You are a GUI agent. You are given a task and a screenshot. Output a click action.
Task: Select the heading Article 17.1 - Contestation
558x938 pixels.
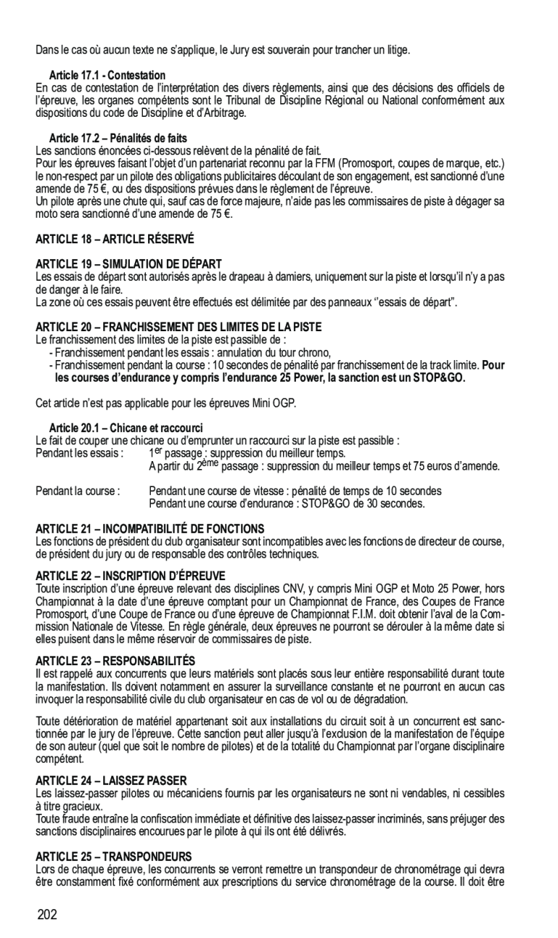[108, 75]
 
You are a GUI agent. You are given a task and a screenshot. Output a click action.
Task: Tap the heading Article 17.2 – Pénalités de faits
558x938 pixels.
[118, 138]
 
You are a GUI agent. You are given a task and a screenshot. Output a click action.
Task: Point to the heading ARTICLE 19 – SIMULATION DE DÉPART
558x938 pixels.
[128, 264]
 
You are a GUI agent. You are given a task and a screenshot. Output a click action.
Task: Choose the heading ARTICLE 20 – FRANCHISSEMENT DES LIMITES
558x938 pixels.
[178, 327]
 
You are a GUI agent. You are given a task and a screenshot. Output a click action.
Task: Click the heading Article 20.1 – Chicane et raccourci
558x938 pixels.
[126, 428]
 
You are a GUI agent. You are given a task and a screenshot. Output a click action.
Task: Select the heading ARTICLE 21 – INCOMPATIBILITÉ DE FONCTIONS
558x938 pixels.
[150, 529]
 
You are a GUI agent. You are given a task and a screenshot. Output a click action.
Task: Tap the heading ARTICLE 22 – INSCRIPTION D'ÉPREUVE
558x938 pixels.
[131, 575]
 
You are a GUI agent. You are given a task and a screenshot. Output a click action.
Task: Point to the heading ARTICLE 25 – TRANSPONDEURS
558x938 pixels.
[114, 856]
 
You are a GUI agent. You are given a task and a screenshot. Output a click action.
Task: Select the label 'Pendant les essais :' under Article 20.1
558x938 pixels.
[79, 453]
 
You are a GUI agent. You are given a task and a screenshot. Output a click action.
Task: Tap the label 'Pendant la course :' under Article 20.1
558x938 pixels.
[77, 491]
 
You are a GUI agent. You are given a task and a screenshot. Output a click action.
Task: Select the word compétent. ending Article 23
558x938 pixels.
[60, 759]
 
